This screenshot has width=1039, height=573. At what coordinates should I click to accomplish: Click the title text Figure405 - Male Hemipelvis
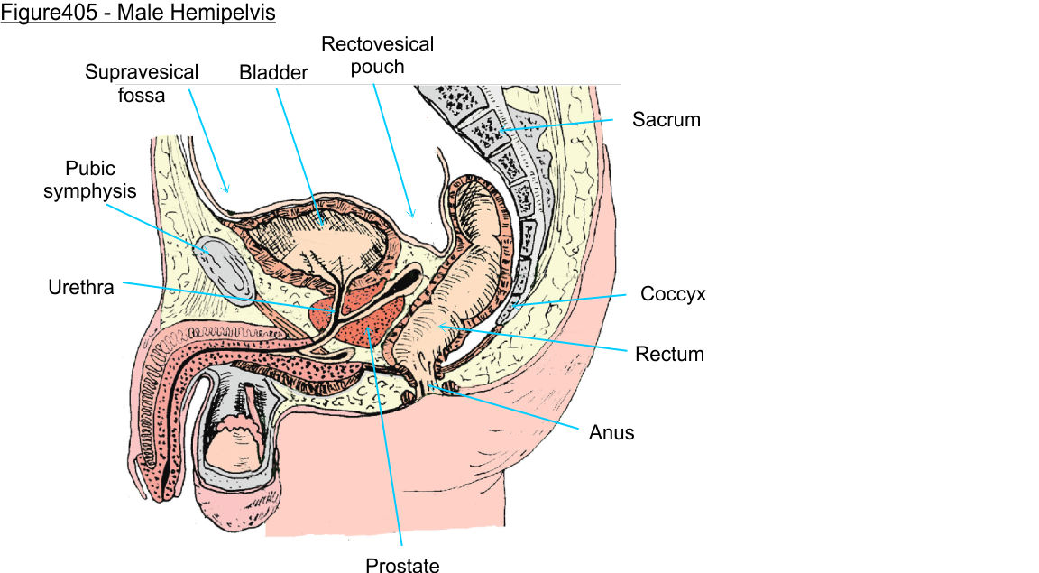pyautogui.click(x=138, y=14)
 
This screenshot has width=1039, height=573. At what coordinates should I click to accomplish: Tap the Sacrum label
pyautogui.click(x=666, y=119)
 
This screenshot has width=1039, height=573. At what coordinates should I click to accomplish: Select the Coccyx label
pyautogui.click(x=673, y=294)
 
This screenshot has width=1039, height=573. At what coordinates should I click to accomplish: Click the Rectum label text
pyautogui.click(x=669, y=354)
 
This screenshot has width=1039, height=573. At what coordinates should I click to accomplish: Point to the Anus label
pyautogui.click(x=611, y=433)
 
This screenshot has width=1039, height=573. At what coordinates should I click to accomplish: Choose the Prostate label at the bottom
pyautogui.click(x=402, y=566)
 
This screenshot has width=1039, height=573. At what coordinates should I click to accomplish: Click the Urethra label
pyautogui.click(x=81, y=287)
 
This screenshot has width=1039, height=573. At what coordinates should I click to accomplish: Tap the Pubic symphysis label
pyautogui.click(x=90, y=180)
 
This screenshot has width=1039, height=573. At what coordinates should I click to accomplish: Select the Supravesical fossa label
pyautogui.click(x=142, y=82)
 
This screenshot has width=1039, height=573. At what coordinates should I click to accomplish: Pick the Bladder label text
pyautogui.click(x=273, y=73)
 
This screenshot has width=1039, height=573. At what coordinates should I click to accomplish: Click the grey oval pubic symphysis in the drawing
pyautogui.click(x=220, y=263)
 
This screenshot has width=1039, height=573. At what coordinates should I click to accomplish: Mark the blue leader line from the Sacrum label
pyautogui.click(x=559, y=125)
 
